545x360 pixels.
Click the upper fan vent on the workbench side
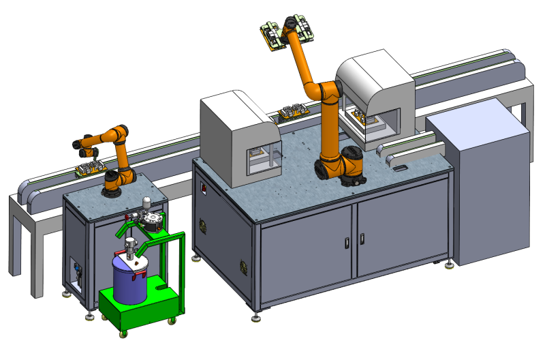pyautogui.click(x=202, y=224)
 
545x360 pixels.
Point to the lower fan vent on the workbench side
pyautogui.click(x=243, y=265)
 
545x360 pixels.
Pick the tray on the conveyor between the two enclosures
pyautogui.click(x=294, y=110)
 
